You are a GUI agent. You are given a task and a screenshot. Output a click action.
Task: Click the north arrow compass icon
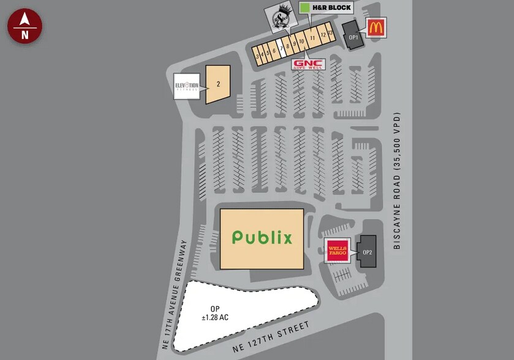(x=25, y=26)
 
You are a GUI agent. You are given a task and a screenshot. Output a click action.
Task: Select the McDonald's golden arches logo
(x=376, y=28)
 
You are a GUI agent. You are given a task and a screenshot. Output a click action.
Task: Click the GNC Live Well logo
(x=308, y=64)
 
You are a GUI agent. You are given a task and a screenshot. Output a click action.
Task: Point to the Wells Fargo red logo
(x=336, y=251)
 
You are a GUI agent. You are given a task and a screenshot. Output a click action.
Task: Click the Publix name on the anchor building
(x=262, y=238)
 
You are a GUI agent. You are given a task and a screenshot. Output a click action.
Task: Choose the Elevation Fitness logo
(x=187, y=86)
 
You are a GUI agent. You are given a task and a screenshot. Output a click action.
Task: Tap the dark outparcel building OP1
(x=352, y=36)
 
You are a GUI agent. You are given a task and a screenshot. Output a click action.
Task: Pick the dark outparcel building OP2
(x=368, y=252)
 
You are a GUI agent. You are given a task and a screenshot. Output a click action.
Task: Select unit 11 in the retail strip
(x=312, y=38)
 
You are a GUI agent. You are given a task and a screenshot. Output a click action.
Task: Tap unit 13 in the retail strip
(x=330, y=32)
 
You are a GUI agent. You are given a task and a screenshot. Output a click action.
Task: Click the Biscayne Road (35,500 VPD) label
(x=398, y=181)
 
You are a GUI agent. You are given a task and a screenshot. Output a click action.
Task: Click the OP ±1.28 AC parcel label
(x=214, y=313)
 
